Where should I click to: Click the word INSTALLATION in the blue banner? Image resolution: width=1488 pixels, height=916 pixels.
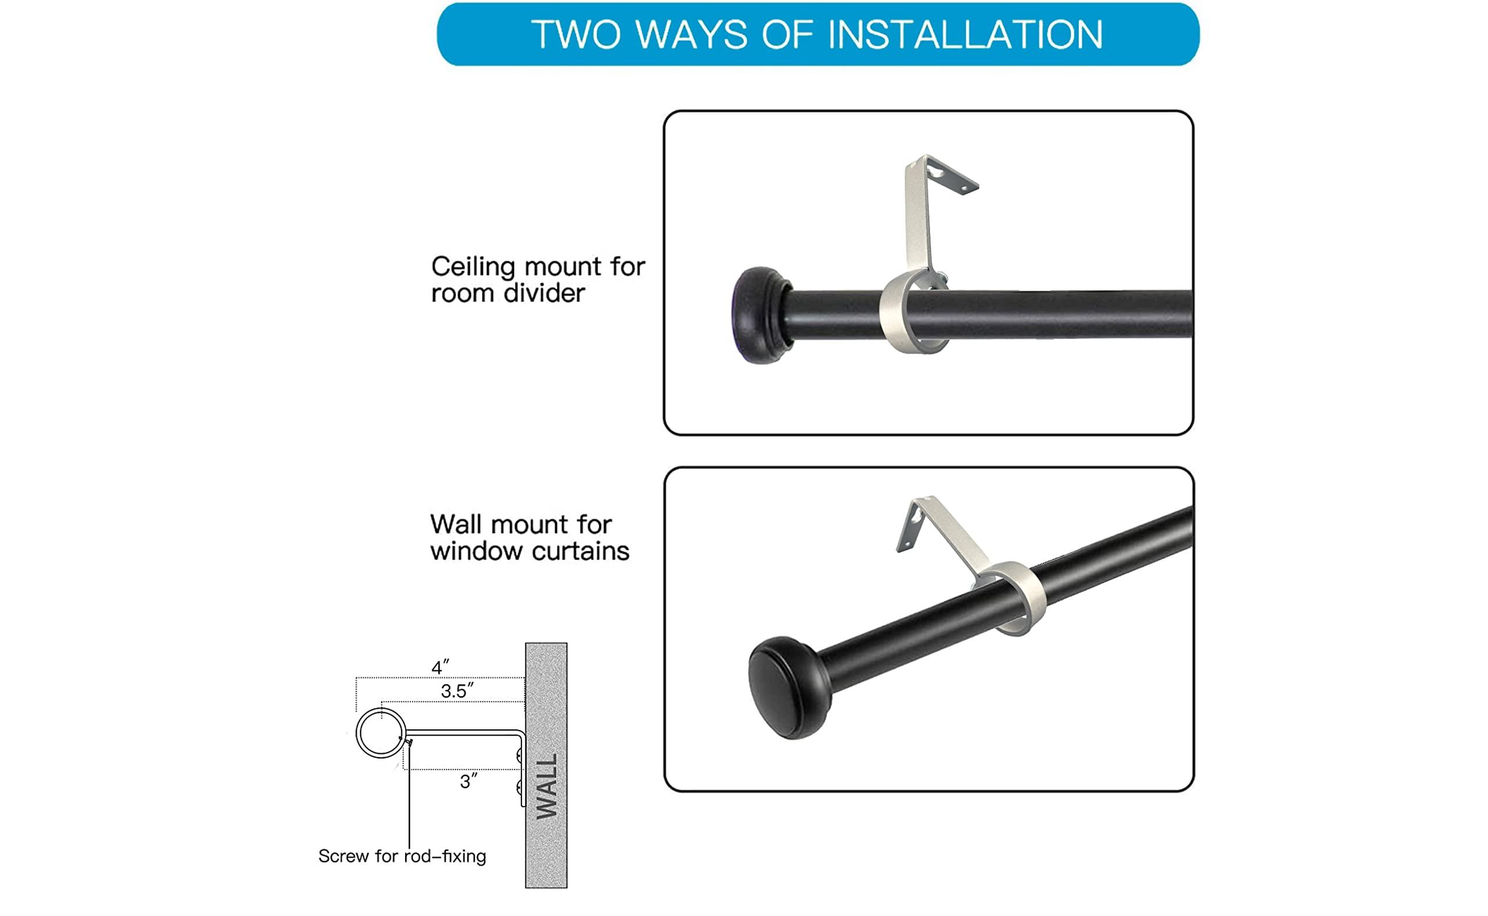965,34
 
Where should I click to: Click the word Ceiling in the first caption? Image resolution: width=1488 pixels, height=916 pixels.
473,267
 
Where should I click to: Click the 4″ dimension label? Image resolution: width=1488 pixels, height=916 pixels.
440,668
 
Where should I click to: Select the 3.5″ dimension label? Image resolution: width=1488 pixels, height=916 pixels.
457,691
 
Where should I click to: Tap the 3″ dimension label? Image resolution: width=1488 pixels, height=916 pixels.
468,782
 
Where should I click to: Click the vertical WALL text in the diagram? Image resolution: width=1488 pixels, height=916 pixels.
546,786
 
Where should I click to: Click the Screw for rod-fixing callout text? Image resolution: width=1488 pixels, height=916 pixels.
402,856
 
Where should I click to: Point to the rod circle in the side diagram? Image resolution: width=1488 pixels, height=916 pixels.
380,732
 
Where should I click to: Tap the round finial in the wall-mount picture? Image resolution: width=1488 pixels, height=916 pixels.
788,688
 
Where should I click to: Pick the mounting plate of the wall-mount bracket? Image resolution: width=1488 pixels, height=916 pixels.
910,527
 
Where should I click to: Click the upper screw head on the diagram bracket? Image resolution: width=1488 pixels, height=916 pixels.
519,755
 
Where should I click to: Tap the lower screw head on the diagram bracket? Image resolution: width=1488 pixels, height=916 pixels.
519,787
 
